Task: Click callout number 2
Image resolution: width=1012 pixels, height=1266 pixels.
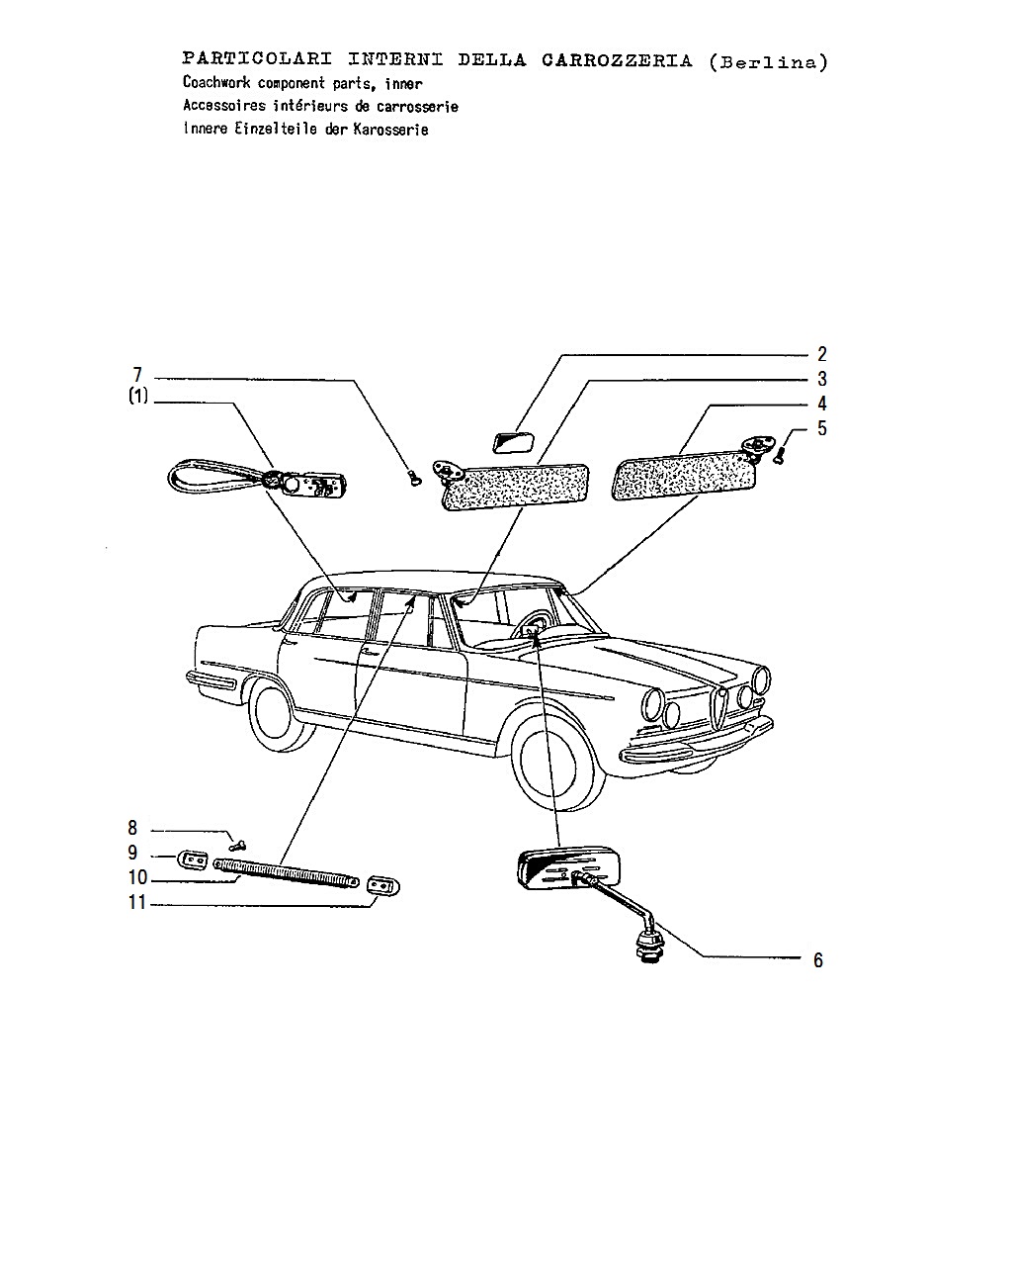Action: [x=821, y=353]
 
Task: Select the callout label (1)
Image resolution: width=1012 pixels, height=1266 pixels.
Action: [x=138, y=396]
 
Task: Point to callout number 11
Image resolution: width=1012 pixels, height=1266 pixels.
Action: [x=137, y=902]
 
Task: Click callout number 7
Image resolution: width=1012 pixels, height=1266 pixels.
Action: [x=137, y=374]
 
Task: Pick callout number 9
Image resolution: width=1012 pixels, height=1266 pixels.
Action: [x=132, y=853]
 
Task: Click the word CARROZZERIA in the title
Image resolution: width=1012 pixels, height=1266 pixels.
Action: [x=617, y=60]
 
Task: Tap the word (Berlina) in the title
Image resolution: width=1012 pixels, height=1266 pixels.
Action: [x=769, y=61]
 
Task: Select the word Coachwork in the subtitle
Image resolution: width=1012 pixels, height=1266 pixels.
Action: [x=216, y=82]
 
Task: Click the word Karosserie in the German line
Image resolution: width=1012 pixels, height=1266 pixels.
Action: [x=390, y=130]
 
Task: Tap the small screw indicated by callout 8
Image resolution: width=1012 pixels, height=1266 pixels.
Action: [x=237, y=846]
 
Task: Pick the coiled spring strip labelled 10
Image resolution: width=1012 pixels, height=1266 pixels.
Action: [x=287, y=873]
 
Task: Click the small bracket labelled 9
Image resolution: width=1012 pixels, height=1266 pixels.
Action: [x=193, y=860]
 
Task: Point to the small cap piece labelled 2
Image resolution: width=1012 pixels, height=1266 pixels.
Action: [x=515, y=442]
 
